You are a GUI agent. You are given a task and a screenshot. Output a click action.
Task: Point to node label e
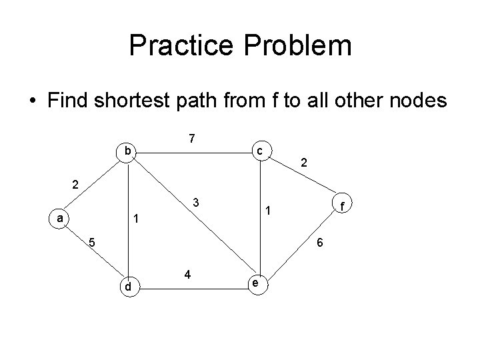[255, 283]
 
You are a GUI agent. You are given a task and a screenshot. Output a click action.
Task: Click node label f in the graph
[341, 207]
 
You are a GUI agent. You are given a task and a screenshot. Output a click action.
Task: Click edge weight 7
[191, 139]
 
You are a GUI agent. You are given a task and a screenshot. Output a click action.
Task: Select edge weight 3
[195, 202]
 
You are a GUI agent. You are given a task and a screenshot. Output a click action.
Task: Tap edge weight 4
[189, 274]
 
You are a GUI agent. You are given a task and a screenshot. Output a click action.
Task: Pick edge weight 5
[93, 242]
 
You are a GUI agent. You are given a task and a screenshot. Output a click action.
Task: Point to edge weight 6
[320, 243]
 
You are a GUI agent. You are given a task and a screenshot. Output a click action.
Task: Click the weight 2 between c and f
[304, 162]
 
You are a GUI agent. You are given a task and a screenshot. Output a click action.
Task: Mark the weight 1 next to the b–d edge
[135, 218]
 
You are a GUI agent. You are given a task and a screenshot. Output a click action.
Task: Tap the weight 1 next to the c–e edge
[267, 212]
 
